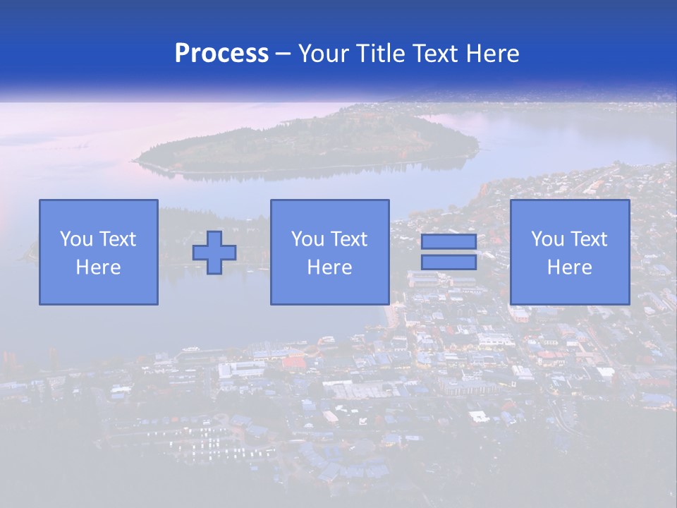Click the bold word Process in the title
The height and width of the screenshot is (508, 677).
pos(221,54)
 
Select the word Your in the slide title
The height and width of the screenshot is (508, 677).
pos(322,54)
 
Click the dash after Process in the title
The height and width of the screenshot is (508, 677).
pos(283,54)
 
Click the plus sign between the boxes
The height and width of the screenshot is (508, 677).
pos(214,252)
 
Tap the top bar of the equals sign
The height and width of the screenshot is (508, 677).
pos(449,242)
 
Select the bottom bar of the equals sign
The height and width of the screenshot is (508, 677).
pos(449,262)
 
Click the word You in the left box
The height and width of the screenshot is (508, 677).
pos(76,239)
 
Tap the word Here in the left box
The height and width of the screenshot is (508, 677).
pos(99,267)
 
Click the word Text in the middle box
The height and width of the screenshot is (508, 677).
pos(348,239)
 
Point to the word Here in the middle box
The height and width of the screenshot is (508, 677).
pos(330,267)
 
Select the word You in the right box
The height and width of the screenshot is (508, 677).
pos(547,239)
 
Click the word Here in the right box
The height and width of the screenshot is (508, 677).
pos(570,267)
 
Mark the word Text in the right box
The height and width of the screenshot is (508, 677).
pos(588,239)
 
